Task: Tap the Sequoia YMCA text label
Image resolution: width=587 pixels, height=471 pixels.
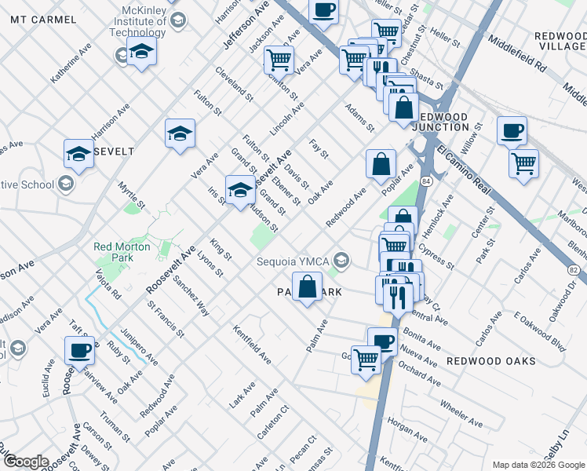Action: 290,261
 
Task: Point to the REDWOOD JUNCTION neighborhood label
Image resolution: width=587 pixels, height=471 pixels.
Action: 439,122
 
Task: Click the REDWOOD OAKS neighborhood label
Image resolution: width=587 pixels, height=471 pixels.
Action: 491,361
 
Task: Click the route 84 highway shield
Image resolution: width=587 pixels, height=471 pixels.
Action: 425,181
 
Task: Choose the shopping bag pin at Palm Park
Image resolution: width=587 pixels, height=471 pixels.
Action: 308,286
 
